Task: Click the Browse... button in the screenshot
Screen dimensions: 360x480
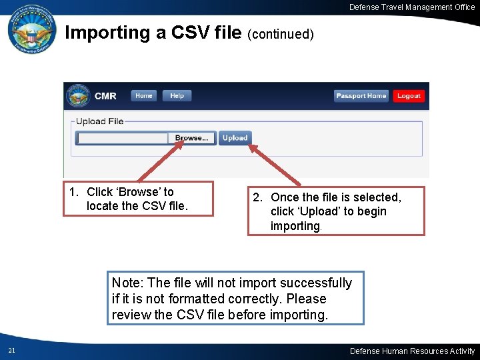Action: click(191, 138)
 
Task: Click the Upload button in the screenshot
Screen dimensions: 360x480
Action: click(235, 138)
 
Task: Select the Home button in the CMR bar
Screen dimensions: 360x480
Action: click(143, 96)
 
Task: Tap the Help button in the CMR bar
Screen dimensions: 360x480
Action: click(177, 96)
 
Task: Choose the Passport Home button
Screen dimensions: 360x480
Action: click(361, 96)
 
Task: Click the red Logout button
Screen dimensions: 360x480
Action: click(408, 96)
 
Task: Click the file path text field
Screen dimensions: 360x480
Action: click(123, 138)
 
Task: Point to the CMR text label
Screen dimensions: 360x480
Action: click(105, 96)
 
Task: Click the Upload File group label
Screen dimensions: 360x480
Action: click(99, 121)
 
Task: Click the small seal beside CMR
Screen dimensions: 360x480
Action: click(78, 96)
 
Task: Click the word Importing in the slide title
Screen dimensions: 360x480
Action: click(107, 33)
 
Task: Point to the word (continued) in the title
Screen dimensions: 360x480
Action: click(280, 34)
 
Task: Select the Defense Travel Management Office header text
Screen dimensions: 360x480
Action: click(412, 7)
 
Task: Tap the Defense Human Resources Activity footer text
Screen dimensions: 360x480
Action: click(412, 351)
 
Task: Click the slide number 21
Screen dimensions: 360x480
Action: click(12, 351)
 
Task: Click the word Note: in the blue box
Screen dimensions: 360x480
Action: click(127, 283)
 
